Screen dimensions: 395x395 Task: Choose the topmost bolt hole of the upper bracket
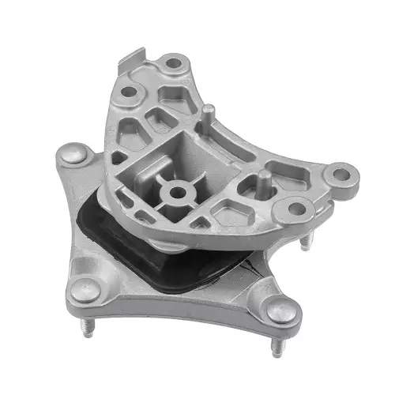[173, 61]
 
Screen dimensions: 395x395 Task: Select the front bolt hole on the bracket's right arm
[296, 209]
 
